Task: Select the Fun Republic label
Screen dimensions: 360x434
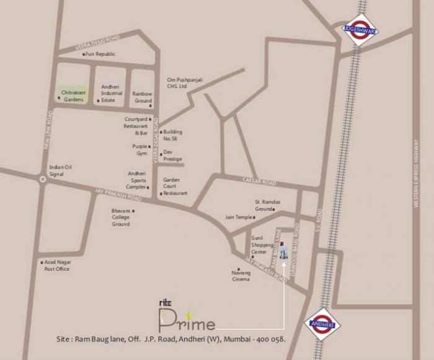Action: pos(100,55)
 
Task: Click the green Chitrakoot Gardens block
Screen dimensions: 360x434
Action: pos(72,95)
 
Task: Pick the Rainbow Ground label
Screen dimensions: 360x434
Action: pos(143,97)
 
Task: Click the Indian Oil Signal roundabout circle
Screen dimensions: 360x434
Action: pos(42,179)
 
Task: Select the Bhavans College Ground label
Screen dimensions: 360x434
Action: pos(121,217)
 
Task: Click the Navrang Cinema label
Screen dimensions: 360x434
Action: pos(241,276)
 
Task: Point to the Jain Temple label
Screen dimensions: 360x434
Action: pos(239,217)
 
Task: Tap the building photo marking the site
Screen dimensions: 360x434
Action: pos(284,253)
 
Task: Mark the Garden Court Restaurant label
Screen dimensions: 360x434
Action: pos(175,187)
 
